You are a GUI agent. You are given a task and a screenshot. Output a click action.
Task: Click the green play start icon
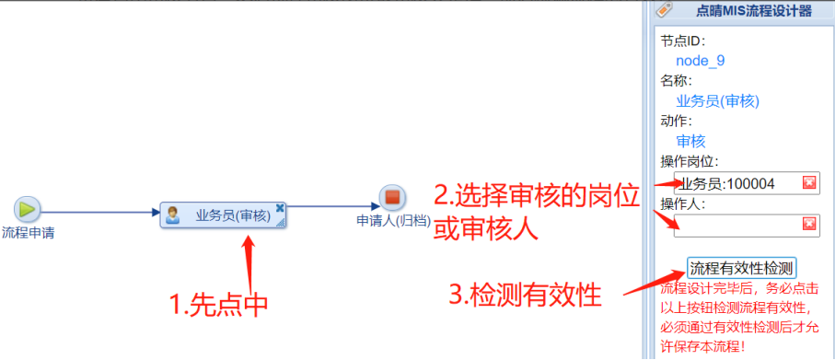coord(28,208)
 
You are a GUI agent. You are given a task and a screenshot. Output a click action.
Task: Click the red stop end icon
coord(392,197)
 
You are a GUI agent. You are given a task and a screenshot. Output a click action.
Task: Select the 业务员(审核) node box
coord(223,215)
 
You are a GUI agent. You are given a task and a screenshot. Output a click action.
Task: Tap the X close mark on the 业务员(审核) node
coord(280,208)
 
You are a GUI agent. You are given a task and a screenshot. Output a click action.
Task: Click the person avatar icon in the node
coord(172,215)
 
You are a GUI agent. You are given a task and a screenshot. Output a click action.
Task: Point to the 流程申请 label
coord(29,233)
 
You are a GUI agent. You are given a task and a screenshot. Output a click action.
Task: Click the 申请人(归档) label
coord(393,221)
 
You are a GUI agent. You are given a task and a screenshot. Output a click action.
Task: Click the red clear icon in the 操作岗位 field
coord(809,183)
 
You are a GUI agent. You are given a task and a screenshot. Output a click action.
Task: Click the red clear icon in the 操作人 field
coord(809,225)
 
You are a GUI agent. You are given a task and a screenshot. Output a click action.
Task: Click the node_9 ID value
coord(701,61)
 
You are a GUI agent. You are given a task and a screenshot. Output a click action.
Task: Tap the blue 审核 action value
coord(690,141)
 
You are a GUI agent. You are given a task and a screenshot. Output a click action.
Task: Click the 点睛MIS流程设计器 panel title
coord(753,11)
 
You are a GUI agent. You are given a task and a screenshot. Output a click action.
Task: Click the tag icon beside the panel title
coord(664,9)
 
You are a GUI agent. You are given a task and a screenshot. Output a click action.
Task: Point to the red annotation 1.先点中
coord(218,305)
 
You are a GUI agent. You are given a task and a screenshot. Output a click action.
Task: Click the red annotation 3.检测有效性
coord(525,295)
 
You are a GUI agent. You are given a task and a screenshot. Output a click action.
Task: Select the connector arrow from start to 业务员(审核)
coord(100,213)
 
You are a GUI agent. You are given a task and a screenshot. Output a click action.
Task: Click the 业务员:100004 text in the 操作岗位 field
coord(727,184)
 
